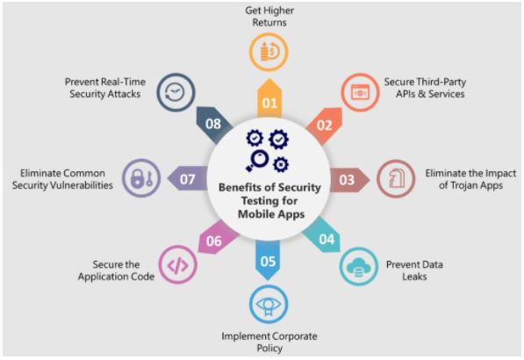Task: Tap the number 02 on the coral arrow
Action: pos(324,126)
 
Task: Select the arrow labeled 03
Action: pos(349,180)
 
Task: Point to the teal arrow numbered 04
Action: pos(322,235)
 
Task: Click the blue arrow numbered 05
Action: pos(268,260)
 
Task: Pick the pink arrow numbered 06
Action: pos(217,237)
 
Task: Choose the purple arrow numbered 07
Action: pos(188,178)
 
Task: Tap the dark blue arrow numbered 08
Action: pos(214,125)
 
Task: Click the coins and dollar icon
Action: pos(269,52)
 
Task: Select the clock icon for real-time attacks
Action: pos(176,92)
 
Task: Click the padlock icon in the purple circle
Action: pos(137,179)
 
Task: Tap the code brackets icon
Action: pos(178,265)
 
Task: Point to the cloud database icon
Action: pos(358,267)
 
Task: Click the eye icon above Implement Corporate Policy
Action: pos(269,306)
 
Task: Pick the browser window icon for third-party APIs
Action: pos(360,92)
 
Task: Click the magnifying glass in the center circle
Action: pos(258,160)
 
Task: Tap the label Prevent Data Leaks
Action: pos(414,270)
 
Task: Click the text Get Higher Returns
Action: pos(269,17)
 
